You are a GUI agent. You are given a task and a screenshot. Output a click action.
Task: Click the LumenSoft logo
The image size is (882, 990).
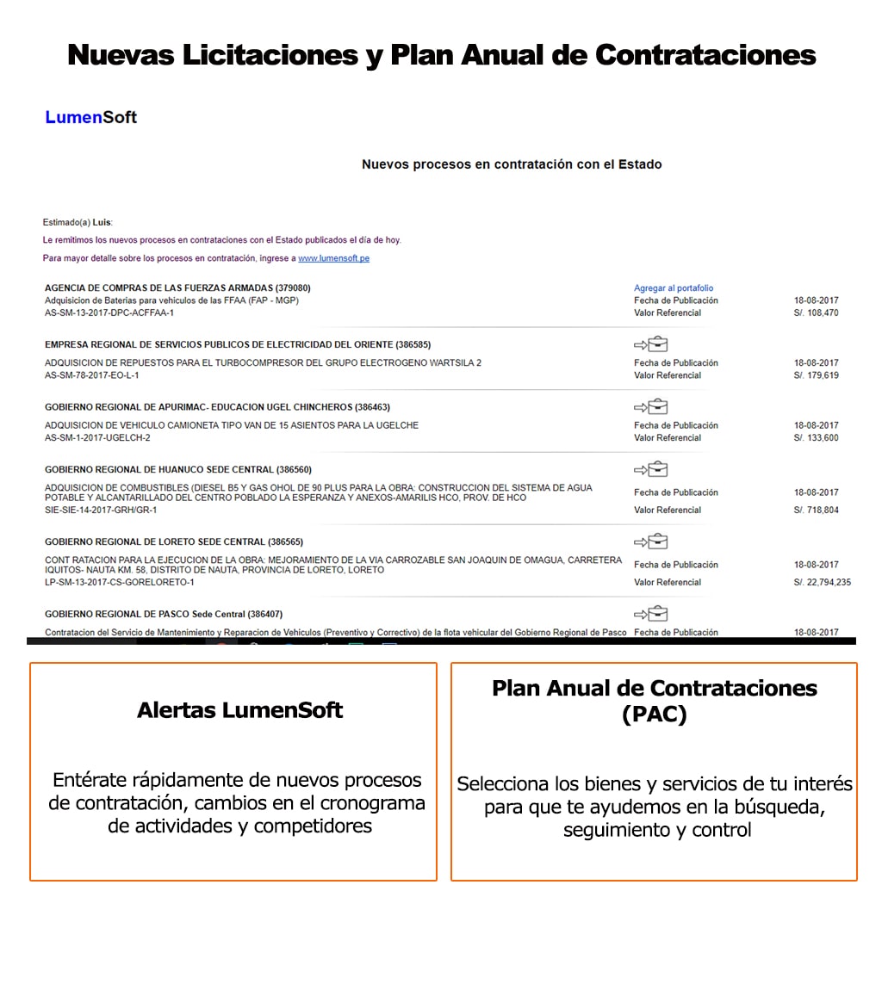[90, 117]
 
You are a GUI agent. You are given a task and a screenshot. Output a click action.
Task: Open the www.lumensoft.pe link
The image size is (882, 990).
[333, 258]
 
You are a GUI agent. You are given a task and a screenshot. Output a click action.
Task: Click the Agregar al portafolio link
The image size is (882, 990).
[674, 288]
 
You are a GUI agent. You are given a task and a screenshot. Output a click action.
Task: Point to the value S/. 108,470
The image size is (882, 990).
[816, 313]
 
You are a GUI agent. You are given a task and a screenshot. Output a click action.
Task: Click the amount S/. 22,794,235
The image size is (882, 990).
[822, 583]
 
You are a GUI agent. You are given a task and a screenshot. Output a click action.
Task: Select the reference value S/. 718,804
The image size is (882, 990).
[816, 510]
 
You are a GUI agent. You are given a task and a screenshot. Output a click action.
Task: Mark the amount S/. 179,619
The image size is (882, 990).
[816, 376]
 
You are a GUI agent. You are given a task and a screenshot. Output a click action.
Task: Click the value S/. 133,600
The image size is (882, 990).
[816, 438]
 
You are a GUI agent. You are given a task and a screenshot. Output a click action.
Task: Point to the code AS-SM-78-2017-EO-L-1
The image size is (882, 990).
[91, 376]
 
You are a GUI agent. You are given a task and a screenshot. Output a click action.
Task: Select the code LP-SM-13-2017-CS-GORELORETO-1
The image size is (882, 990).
[120, 583]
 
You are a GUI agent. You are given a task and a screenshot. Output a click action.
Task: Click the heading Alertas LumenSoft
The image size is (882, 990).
[239, 710]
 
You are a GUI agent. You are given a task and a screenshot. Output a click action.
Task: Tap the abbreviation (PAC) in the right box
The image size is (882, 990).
[654, 715]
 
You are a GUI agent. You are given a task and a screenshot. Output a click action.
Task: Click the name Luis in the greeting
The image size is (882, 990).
[102, 223]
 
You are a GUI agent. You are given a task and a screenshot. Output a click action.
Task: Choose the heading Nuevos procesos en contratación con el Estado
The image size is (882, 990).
[512, 164]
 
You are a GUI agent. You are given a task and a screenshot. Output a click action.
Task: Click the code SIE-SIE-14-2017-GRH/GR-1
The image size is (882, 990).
[101, 510]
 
